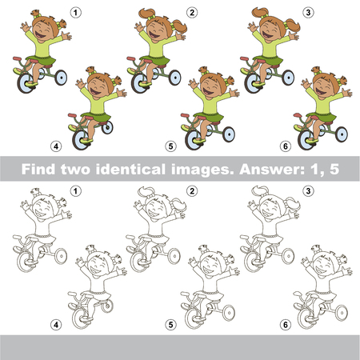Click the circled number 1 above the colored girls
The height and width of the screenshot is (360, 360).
pyautogui.click(x=75, y=12)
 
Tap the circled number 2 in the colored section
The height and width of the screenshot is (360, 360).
pyautogui.click(x=192, y=12)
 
